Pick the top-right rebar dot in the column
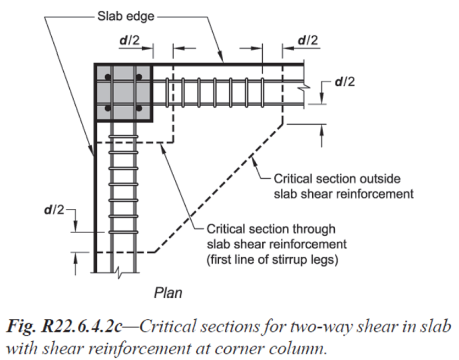coord(139,77)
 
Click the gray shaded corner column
coord(124,92)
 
